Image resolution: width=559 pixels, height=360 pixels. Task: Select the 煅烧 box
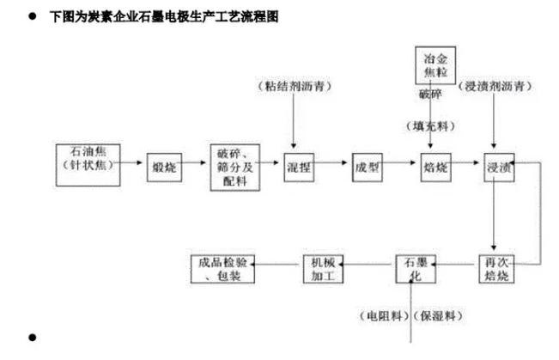pos(163,167)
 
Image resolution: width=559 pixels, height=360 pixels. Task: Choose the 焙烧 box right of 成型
pos(431,167)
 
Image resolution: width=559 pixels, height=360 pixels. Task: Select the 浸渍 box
pos(498,167)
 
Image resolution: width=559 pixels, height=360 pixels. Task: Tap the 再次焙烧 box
pos(497,270)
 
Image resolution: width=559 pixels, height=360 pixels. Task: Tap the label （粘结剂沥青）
pos(294,88)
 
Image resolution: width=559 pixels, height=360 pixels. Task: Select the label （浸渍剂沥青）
pos(498,88)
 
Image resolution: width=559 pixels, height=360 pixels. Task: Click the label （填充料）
pos(431,125)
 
